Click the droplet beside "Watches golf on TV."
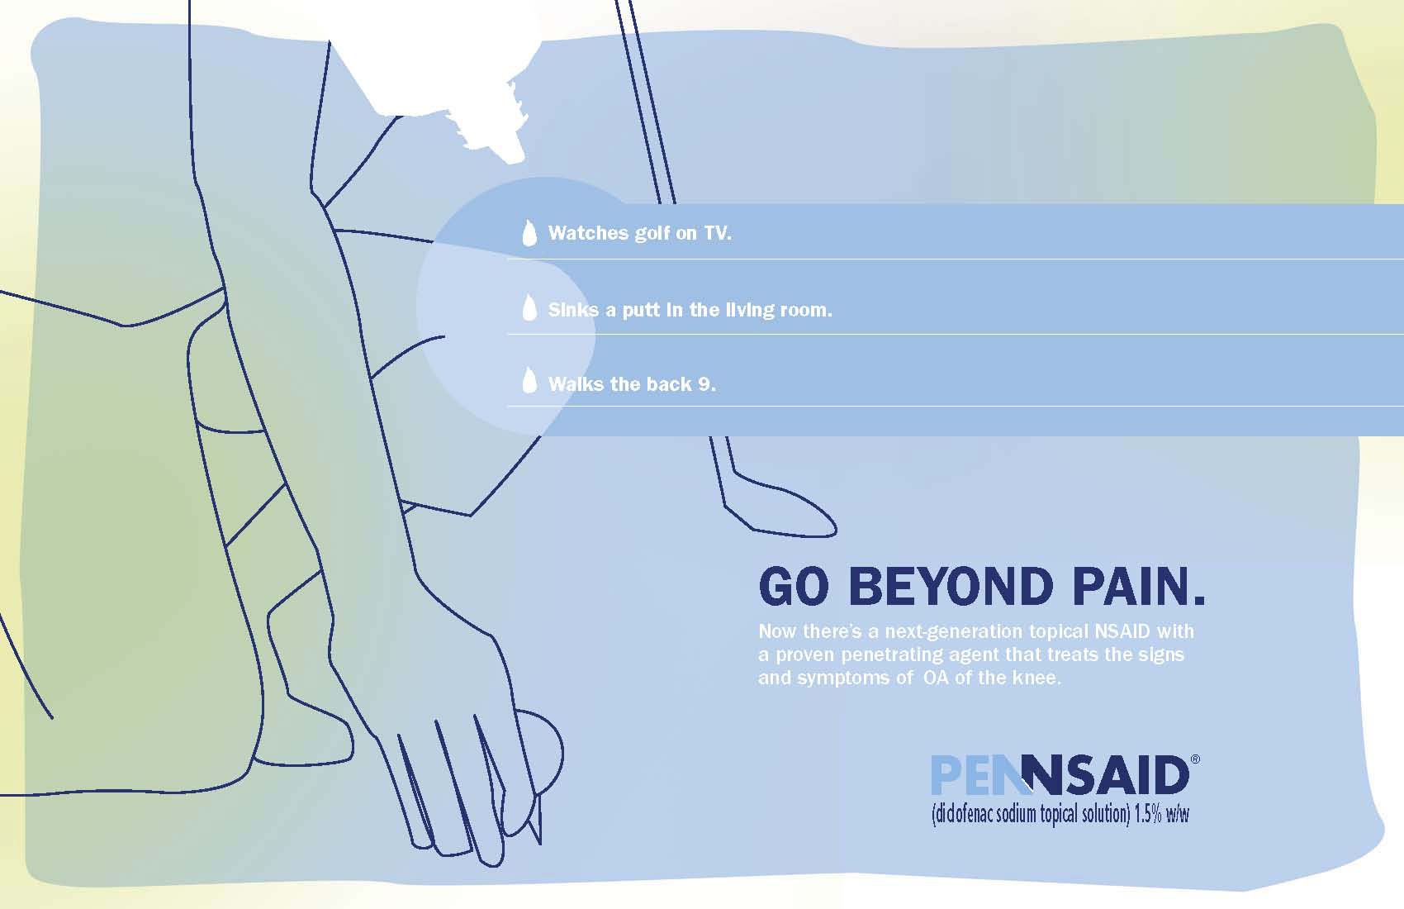pyautogui.click(x=529, y=233)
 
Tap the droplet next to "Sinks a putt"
pyautogui.click(x=529, y=308)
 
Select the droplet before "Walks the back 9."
pyautogui.click(x=529, y=381)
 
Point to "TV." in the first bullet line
pyautogui.click(x=717, y=234)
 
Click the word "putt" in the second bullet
pyautogui.click(x=642, y=310)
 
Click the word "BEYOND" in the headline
pyautogui.click(x=951, y=586)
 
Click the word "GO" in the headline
pyautogui.click(x=793, y=586)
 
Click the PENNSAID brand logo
pyautogui.click(x=1060, y=775)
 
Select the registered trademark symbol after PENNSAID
pyautogui.click(x=1195, y=759)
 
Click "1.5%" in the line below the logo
pyautogui.click(x=1148, y=814)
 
